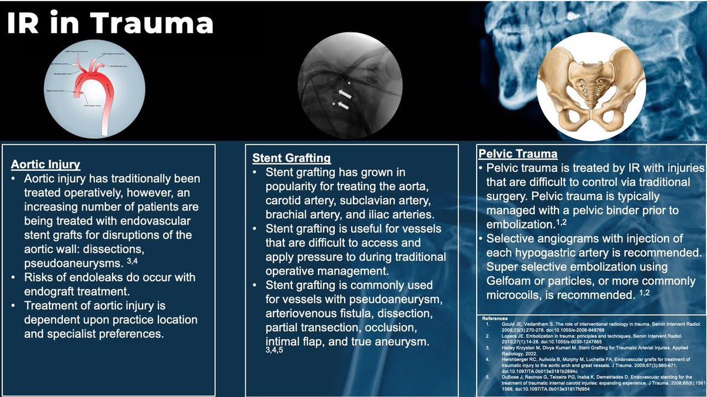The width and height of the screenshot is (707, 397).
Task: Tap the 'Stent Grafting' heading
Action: pos(292,158)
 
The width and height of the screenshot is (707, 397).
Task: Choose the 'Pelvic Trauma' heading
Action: pos(517,154)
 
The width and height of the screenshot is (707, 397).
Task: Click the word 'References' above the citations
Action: pos(494,318)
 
